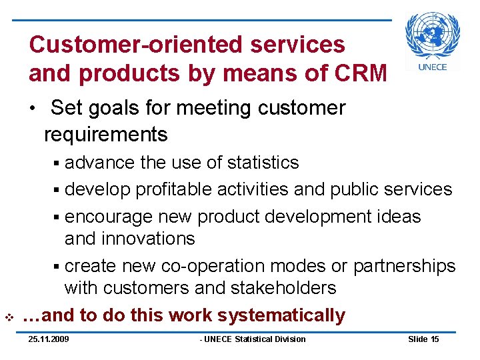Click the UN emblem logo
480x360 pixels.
pos(433,35)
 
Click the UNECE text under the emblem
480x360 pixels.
pos(433,67)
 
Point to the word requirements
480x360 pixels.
pos(105,134)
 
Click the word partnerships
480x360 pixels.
pos(404,266)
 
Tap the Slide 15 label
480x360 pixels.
pos(423,339)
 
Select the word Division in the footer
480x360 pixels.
pos(289,339)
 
